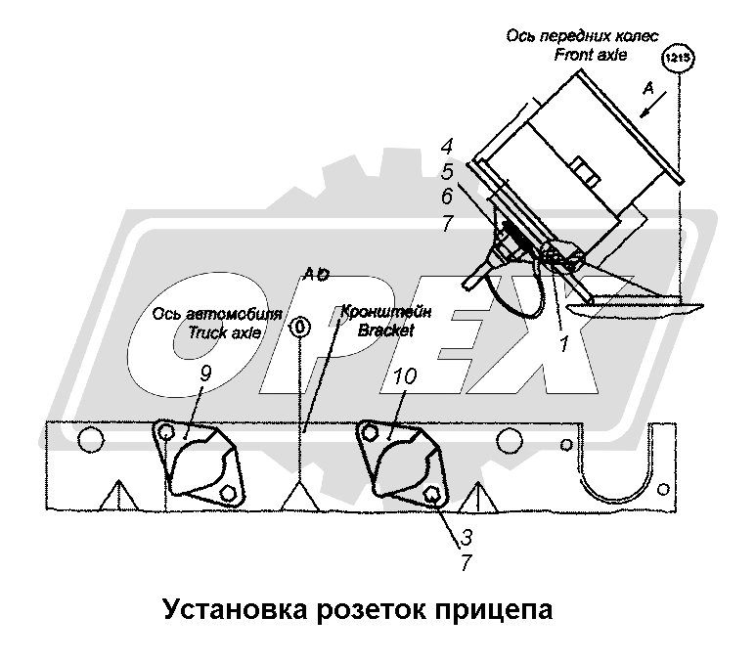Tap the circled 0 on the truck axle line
(301, 327)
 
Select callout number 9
(204, 375)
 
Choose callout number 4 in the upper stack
(446, 149)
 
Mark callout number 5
(446, 172)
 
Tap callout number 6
(446, 198)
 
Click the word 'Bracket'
(385, 330)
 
